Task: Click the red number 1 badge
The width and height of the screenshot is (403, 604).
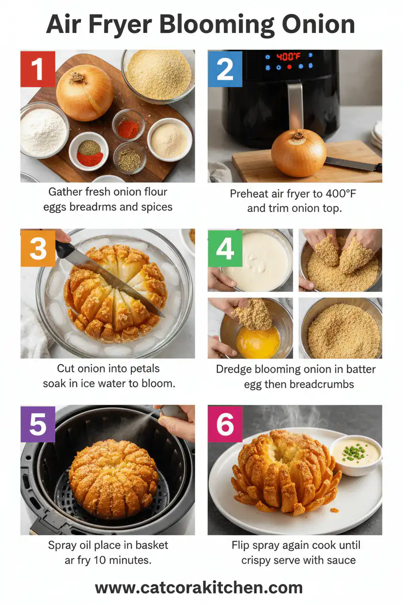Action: coord(38,69)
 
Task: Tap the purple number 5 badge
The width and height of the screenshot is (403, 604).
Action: coord(38,423)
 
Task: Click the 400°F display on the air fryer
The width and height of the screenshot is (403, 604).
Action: coord(289,57)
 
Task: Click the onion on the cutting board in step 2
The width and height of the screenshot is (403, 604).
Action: coord(298,152)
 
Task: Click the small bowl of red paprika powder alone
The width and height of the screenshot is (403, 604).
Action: coord(128,128)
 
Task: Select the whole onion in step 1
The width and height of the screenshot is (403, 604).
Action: coord(85,92)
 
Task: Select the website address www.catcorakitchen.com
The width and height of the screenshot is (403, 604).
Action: coord(199,588)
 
